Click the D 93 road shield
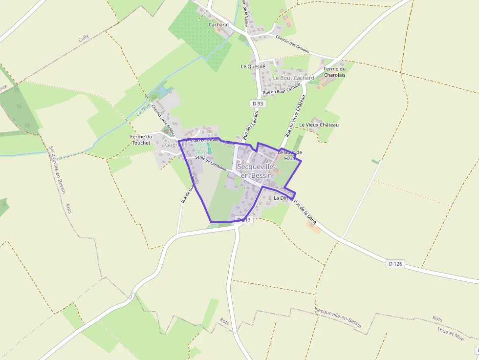pyautogui.click(x=258, y=104)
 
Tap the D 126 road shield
pyautogui.click(x=395, y=264)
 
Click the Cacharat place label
pyautogui.click(x=218, y=24)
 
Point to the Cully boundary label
pyautogui.click(x=84, y=39)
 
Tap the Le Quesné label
pyautogui.click(x=253, y=66)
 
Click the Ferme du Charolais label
pyautogui.click(x=334, y=72)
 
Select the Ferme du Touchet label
pyautogui.click(x=141, y=140)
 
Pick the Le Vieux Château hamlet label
pyautogui.click(x=319, y=125)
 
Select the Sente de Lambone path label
pyautogui.click(x=211, y=163)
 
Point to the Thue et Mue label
pyautogui.click(x=450, y=333)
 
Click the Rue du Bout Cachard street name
pyautogui.click(x=282, y=88)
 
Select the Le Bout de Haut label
pyautogui.click(x=290, y=155)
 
